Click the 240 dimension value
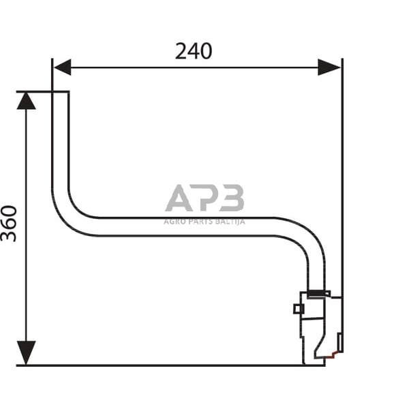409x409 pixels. [x=194, y=51]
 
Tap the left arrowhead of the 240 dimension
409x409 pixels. [x=62, y=67]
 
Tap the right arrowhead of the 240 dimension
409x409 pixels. [x=329, y=67]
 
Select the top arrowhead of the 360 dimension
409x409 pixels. [x=26, y=101]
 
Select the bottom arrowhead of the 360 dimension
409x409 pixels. [x=26, y=353]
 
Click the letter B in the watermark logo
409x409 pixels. [x=232, y=198]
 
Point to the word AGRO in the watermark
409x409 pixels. [x=174, y=221]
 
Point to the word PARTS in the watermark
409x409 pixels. [x=200, y=221]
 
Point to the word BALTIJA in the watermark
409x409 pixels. [x=229, y=221]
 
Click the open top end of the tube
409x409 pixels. [x=60, y=93]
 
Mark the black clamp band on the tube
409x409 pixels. [x=318, y=294]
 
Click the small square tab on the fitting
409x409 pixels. [x=298, y=309]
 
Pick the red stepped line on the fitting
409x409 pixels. [x=333, y=355]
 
